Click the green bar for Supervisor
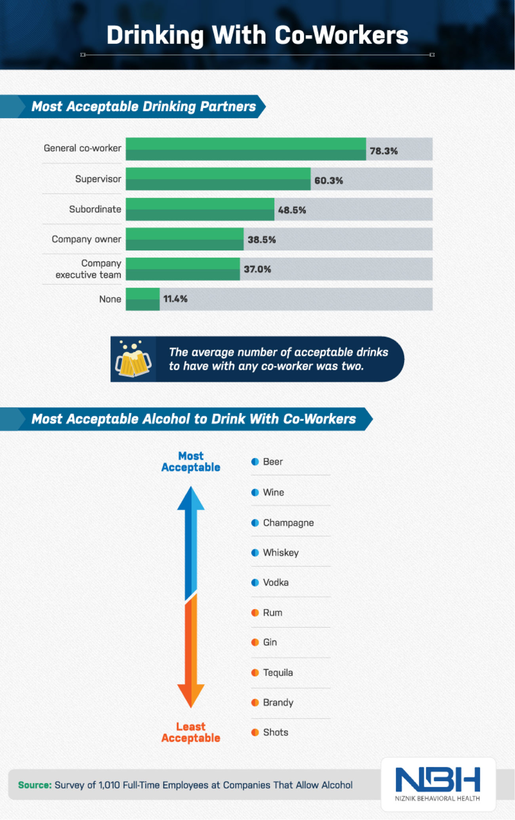pyautogui.click(x=218, y=179)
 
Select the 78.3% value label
pyautogui.click(x=383, y=151)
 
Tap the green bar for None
pyautogui.click(x=143, y=299)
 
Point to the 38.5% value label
pyautogui.click(x=261, y=240)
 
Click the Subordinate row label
pyautogui.click(x=95, y=209)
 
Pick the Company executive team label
pyautogui.click(x=88, y=269)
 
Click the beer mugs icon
pyautogui.click(x=133, y=359)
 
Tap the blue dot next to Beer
pyautogui.click(x=255, y=462)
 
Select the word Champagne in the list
pyautogui.click(x=288, y=523)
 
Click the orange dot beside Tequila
pyautogui.click(x=255, y=672)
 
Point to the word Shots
pyautogui.click(x=276, y=732)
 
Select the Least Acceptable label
pyautogui.click(x=191, y=732)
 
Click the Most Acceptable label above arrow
pyautogui.click(x=191, y=462)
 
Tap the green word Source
pyautogui.click(x=35, y=785)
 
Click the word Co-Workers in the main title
pyautogui.click(x=341, y=35)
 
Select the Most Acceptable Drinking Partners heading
pyautogui.click(x=143, y=106)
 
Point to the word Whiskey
pyautogui.click(x=281, y=553)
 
